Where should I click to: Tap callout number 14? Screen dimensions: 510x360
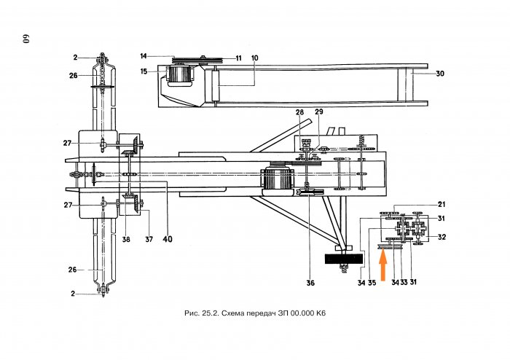(x=144, y=56)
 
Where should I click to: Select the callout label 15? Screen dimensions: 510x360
(x=144, y=71)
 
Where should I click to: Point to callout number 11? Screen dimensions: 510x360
(x=239, y=58)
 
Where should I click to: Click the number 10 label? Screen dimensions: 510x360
(x=255, y=58)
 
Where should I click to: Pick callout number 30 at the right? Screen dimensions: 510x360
(x=440, y=74)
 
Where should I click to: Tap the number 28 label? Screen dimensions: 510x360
(x=299, y=112)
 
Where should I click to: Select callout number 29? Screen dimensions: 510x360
(x=319, y=111)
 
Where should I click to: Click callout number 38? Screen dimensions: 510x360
(x=126, y=239)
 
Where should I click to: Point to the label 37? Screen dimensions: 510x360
(x=149, y=239)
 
